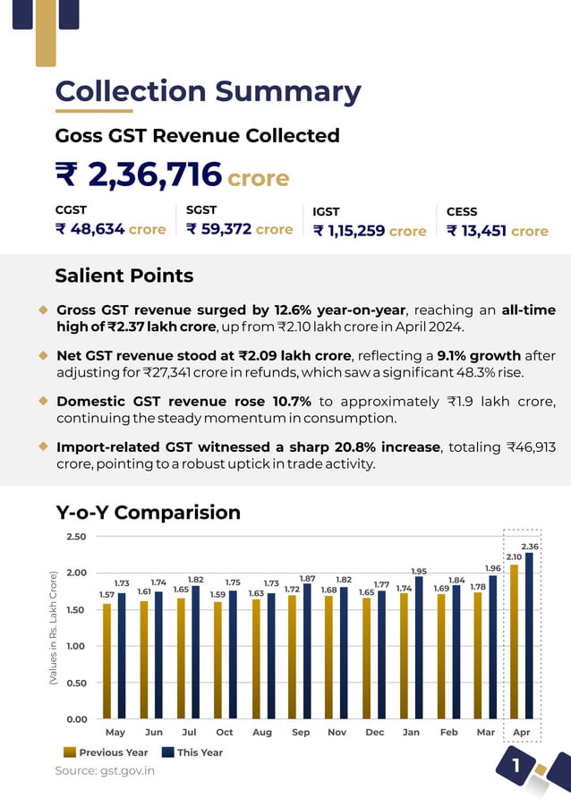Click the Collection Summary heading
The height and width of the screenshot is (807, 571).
[x=208, y=91]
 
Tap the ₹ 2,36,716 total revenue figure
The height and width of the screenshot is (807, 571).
[x=139, y=175]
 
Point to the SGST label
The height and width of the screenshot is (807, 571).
[x=201, y=211]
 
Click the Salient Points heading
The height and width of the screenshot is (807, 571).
[x=124, y=276]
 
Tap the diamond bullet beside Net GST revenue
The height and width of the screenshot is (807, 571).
[x=43, y=355]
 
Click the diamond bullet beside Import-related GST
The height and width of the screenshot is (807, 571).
[x=43, y=446]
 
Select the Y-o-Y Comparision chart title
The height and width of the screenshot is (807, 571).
[x=148, y=513]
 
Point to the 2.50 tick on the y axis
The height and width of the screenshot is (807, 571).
[x=77, y=537]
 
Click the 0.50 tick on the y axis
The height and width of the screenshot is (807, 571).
[x=77, y=683]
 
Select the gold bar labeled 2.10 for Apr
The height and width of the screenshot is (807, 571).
[x=514, y=641]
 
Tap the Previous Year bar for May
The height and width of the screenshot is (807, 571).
[x=107, y=660]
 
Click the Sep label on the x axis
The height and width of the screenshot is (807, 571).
[x=301, y=733]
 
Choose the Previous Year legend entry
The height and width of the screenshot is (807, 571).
[x=106, y=752]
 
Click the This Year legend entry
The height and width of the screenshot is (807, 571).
[x=192, y=752]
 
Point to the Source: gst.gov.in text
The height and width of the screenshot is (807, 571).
[x=105, y=770]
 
